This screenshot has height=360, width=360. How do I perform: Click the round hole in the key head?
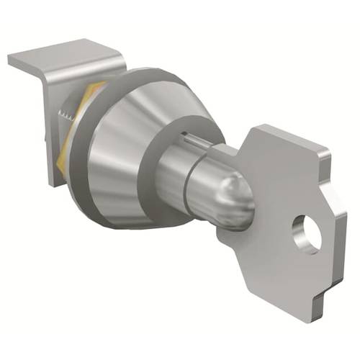coord(305,235)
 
